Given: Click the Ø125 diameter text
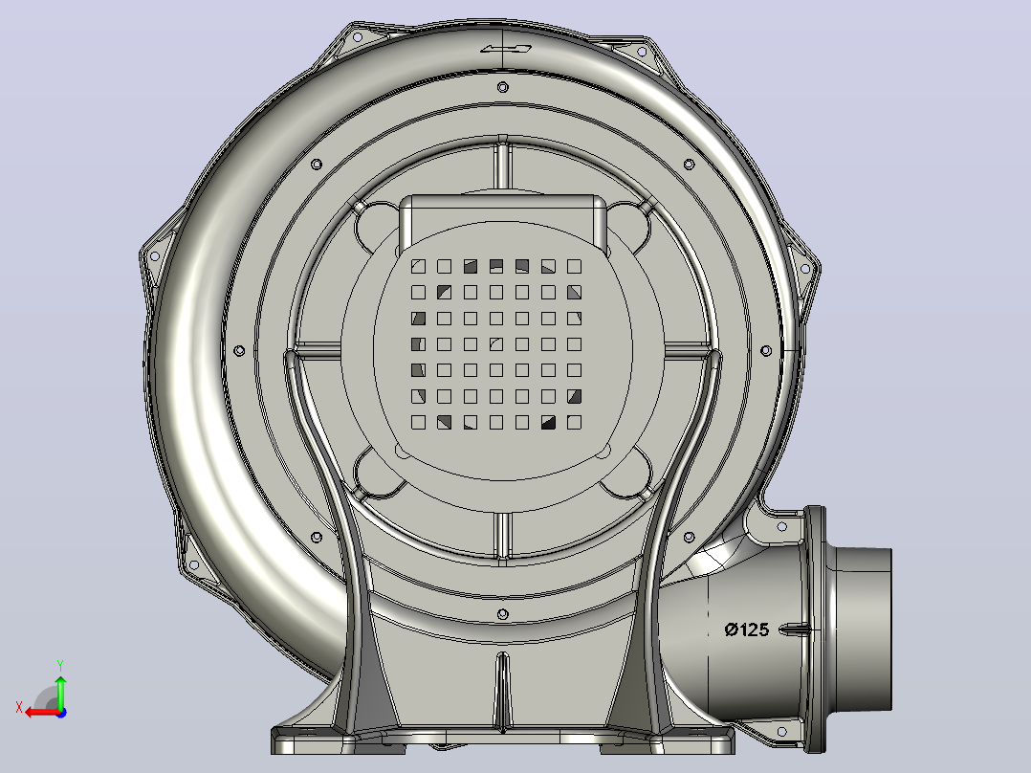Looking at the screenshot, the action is pyautogui.click(x=746, y=629).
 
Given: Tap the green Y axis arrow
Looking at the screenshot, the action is pyautogui.click(x=60, y=692).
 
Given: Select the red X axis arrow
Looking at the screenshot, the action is pyautogui.click(x=42, y=713).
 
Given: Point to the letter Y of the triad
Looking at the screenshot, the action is pyautogui.click(x=60, y=665).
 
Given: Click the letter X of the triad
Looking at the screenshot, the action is pyautogui.click(x=19, y=707).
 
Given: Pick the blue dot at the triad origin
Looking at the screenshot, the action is pyautogui.click(x=61, y=713).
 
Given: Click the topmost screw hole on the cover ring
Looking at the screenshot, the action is pyautogui.click(x=502, y=87).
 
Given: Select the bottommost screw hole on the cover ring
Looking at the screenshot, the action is pyautogui.click(x=502, y=614).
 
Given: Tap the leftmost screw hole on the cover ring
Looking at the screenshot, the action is pyautogui.click(x=239, y=351).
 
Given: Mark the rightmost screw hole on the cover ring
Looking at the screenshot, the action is pyautogui.click(x=766, y=351).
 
